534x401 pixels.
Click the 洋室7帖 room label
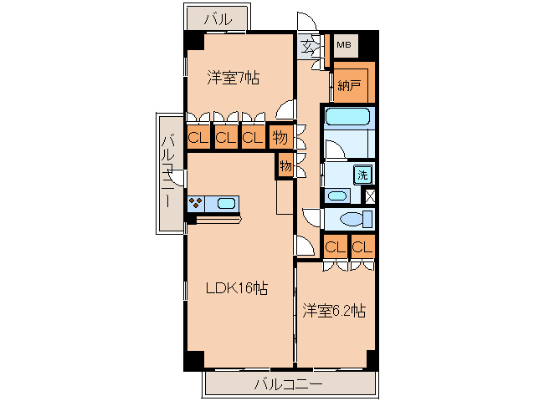click(x=234, y=79)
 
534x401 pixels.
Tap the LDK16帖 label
click(x=237, y=289)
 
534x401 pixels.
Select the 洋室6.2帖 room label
click(x=333, y=311)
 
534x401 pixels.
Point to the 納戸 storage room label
click(x=348, y=84)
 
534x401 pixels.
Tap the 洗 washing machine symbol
click(x=362, y=175)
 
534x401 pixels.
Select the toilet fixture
click(x=352, y=221)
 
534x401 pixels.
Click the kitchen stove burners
click(x=198, y=201)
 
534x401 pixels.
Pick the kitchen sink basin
click(x=227, y=201)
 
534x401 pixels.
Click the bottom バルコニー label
click(x=287, y=385)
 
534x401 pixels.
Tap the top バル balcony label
click(x=218, y=18)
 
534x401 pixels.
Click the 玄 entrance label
click(x=309, y=45)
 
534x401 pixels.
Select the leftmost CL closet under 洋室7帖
click(x=198, y=137)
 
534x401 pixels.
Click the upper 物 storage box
click(x=280, y=136)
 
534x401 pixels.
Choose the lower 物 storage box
click(x=285, y=166)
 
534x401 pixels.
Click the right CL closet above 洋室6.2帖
click(x=362, y=246)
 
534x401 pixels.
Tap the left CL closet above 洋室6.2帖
click(x=335, y=246)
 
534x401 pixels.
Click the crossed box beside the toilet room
click(x=370, y=197)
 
